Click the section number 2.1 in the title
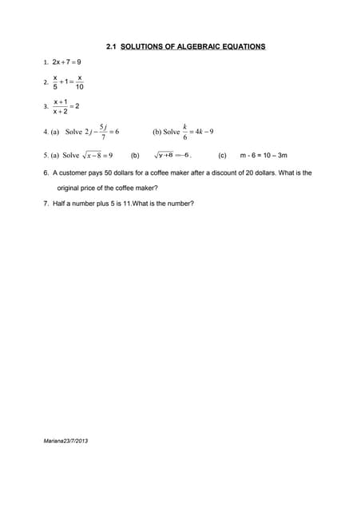point(111,46)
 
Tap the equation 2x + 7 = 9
point(66,61)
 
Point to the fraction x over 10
point(80,82)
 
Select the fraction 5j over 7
point(103,133)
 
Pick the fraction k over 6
point(184,132)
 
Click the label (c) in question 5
point(222,156)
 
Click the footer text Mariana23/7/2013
point(65,441)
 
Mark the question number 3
point(46,107)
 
